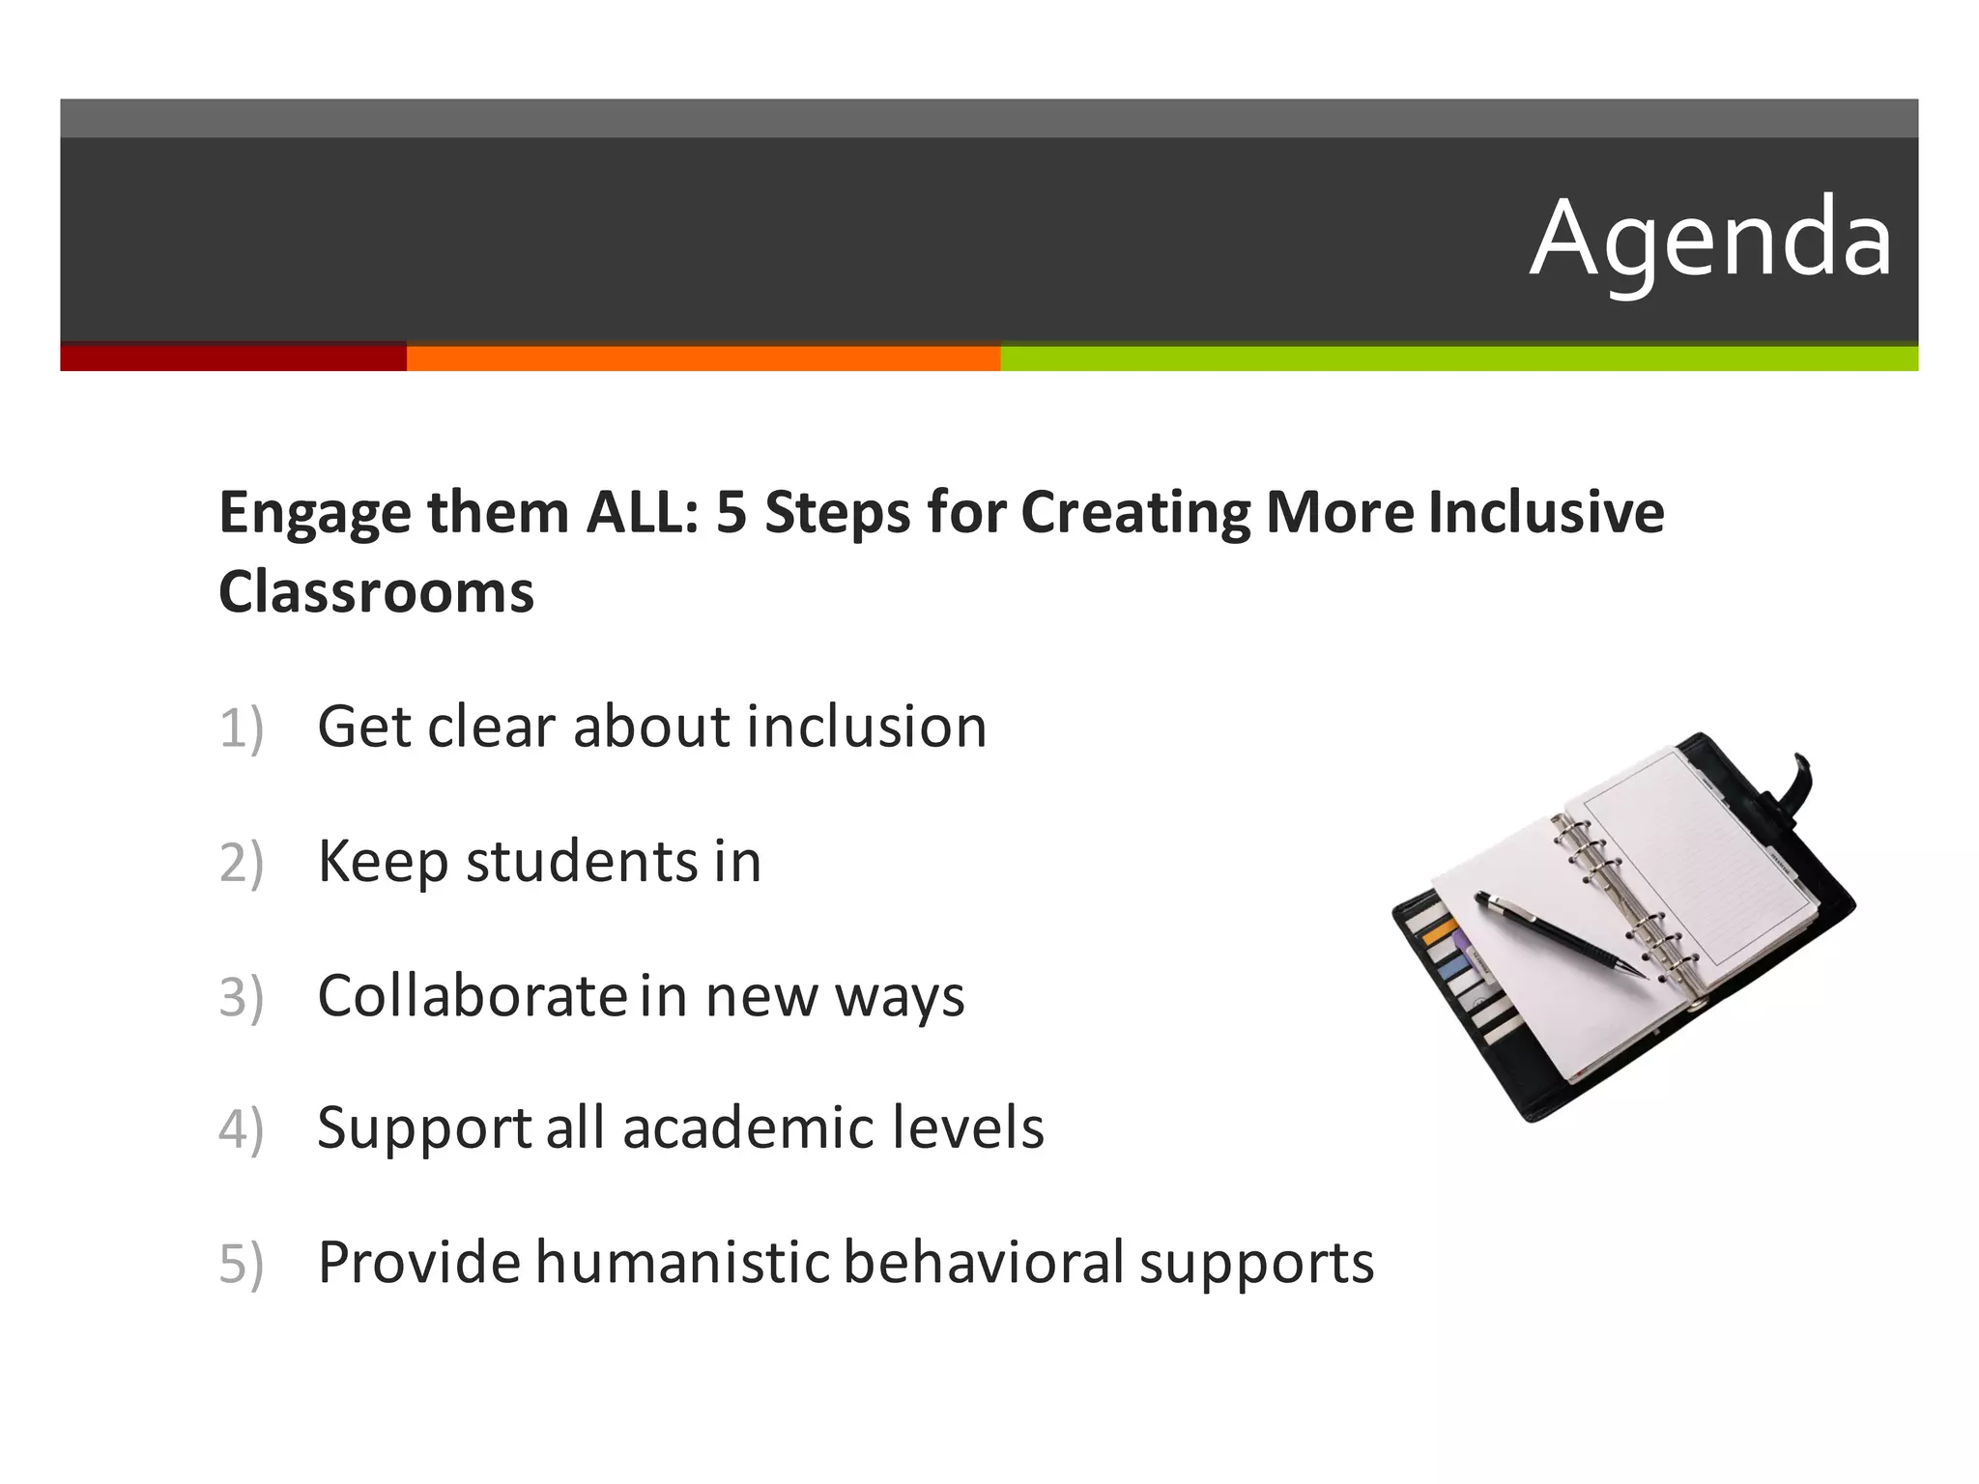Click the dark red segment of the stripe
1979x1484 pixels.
tap(232, 357)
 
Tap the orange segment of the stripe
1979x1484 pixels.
tap(703, 357)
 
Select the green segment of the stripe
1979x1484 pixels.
tap(1458, 357)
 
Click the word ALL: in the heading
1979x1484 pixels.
tap(642, 512)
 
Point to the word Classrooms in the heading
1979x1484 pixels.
tap(376, 591)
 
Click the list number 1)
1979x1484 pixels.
tap(241, 728)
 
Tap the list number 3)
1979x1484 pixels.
tap(241, 997)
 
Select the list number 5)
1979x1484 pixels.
tap(241, 1264)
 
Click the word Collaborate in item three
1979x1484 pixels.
tap(473, 996)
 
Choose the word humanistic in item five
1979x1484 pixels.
tap(682, 1263)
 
